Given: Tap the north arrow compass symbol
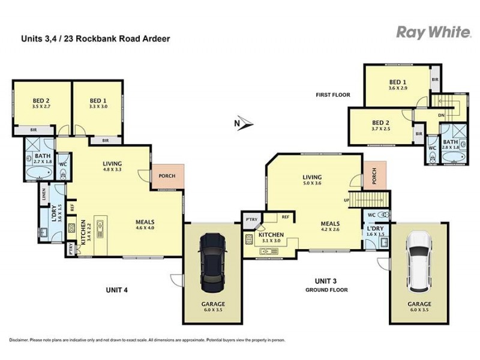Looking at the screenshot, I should click(244, 124).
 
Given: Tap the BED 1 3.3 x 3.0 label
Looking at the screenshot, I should click(98, 104).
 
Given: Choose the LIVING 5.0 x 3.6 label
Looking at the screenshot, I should click(312, 180).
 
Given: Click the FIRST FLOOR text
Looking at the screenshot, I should click(333, 95).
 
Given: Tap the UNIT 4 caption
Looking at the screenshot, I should click(118, 290).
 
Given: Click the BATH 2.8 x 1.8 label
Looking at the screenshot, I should click(450, 143).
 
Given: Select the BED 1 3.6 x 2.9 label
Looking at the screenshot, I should click(397, 85).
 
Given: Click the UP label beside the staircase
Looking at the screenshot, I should click(347, 199).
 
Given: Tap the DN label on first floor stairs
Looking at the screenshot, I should click(441, 115).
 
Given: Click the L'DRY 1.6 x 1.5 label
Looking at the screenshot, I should click(376, 232).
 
